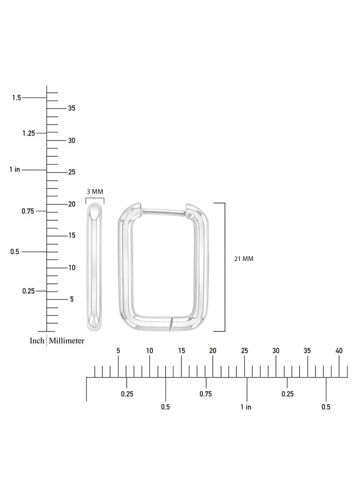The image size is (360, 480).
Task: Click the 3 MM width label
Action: point(95,192)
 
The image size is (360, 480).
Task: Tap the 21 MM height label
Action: point(244,259)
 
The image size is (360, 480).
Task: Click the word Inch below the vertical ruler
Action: point(37,341)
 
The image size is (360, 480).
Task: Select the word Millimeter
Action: point(66,341)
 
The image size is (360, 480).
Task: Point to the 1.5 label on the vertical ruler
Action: point(16,98)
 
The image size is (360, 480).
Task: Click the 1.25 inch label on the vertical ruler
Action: point(29,133)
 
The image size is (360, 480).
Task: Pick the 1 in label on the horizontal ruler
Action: point(246,407)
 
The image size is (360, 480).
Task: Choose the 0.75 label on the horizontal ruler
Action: point(206,394)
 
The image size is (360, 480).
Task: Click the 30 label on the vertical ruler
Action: point(72,140)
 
